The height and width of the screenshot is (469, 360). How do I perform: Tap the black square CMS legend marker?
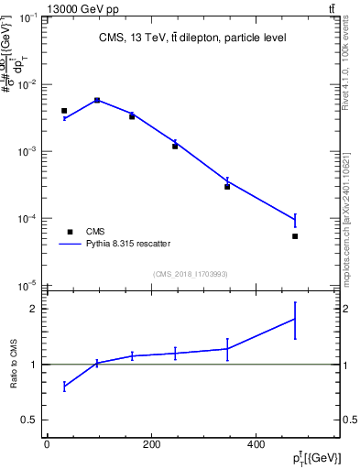[70, 232]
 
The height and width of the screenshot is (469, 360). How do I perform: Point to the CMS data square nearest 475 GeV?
[295, 236]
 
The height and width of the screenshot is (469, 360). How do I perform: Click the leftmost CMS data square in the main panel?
[64, 111]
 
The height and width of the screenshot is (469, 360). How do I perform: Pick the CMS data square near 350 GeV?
[227, 187]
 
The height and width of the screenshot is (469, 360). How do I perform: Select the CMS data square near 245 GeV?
[175, 146]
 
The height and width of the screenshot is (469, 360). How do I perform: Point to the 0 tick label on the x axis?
[47, 445]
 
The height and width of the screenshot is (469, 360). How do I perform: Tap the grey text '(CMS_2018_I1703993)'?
[191, 273]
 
